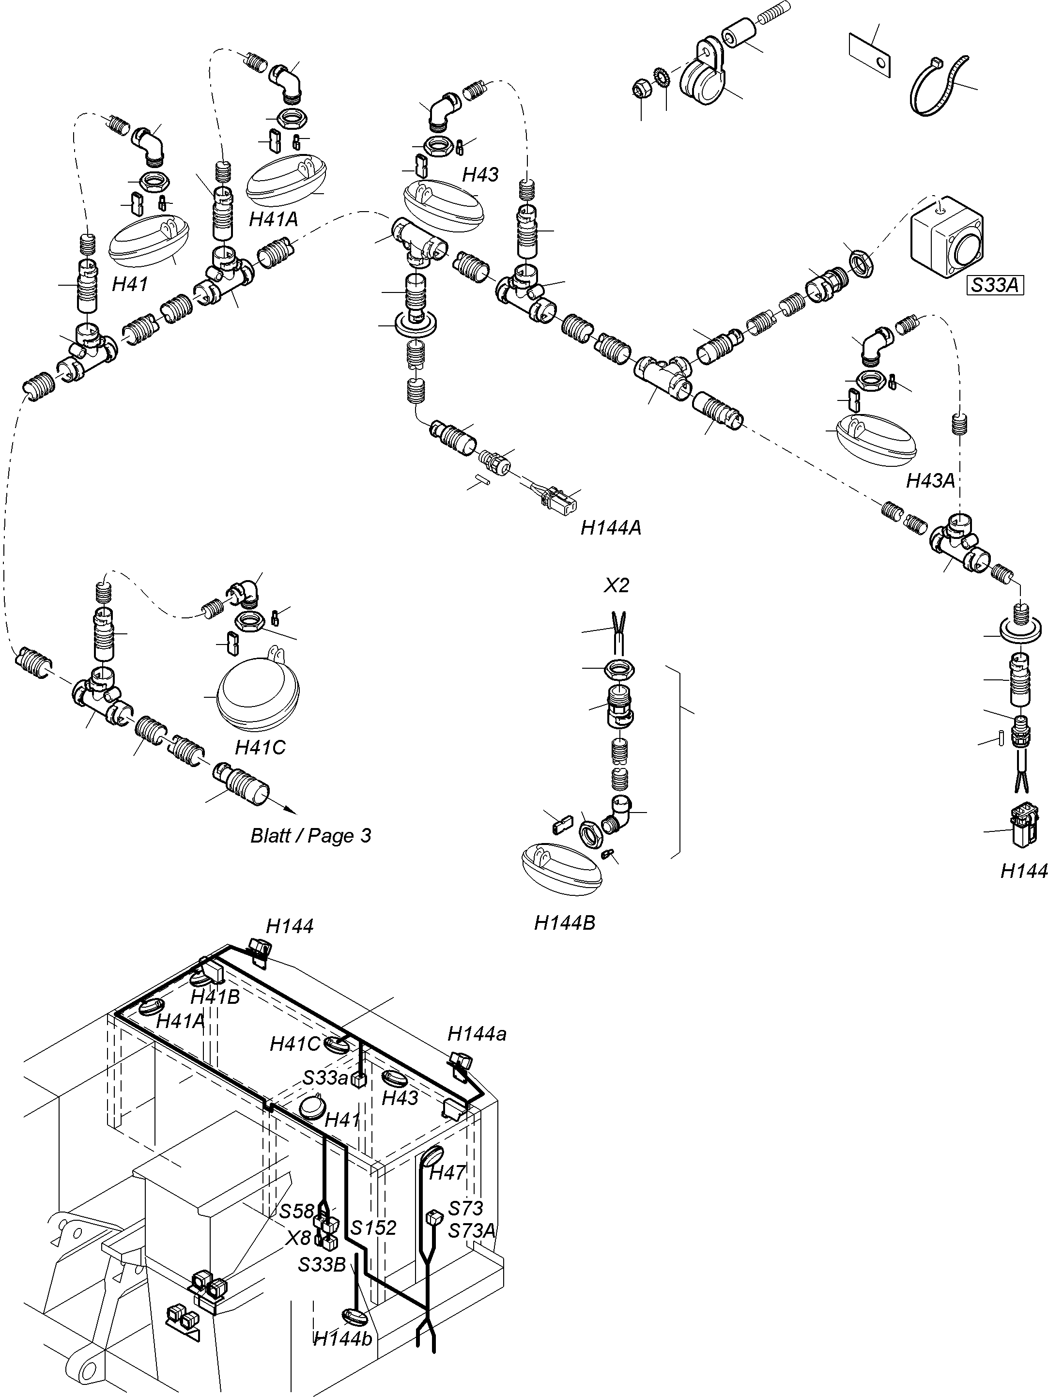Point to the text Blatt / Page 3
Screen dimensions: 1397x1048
311,836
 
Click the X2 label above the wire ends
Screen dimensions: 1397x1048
616,585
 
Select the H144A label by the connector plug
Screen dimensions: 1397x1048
611,527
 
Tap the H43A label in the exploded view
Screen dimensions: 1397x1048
930,481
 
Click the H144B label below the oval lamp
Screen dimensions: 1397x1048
565,923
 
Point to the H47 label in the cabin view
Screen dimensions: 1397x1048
447,1172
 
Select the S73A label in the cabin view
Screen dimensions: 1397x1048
472,1231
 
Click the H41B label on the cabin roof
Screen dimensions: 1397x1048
216,997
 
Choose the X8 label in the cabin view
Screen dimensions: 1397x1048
298,1238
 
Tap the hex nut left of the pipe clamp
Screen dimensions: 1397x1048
642,90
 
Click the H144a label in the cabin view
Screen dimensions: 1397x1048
477,1034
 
